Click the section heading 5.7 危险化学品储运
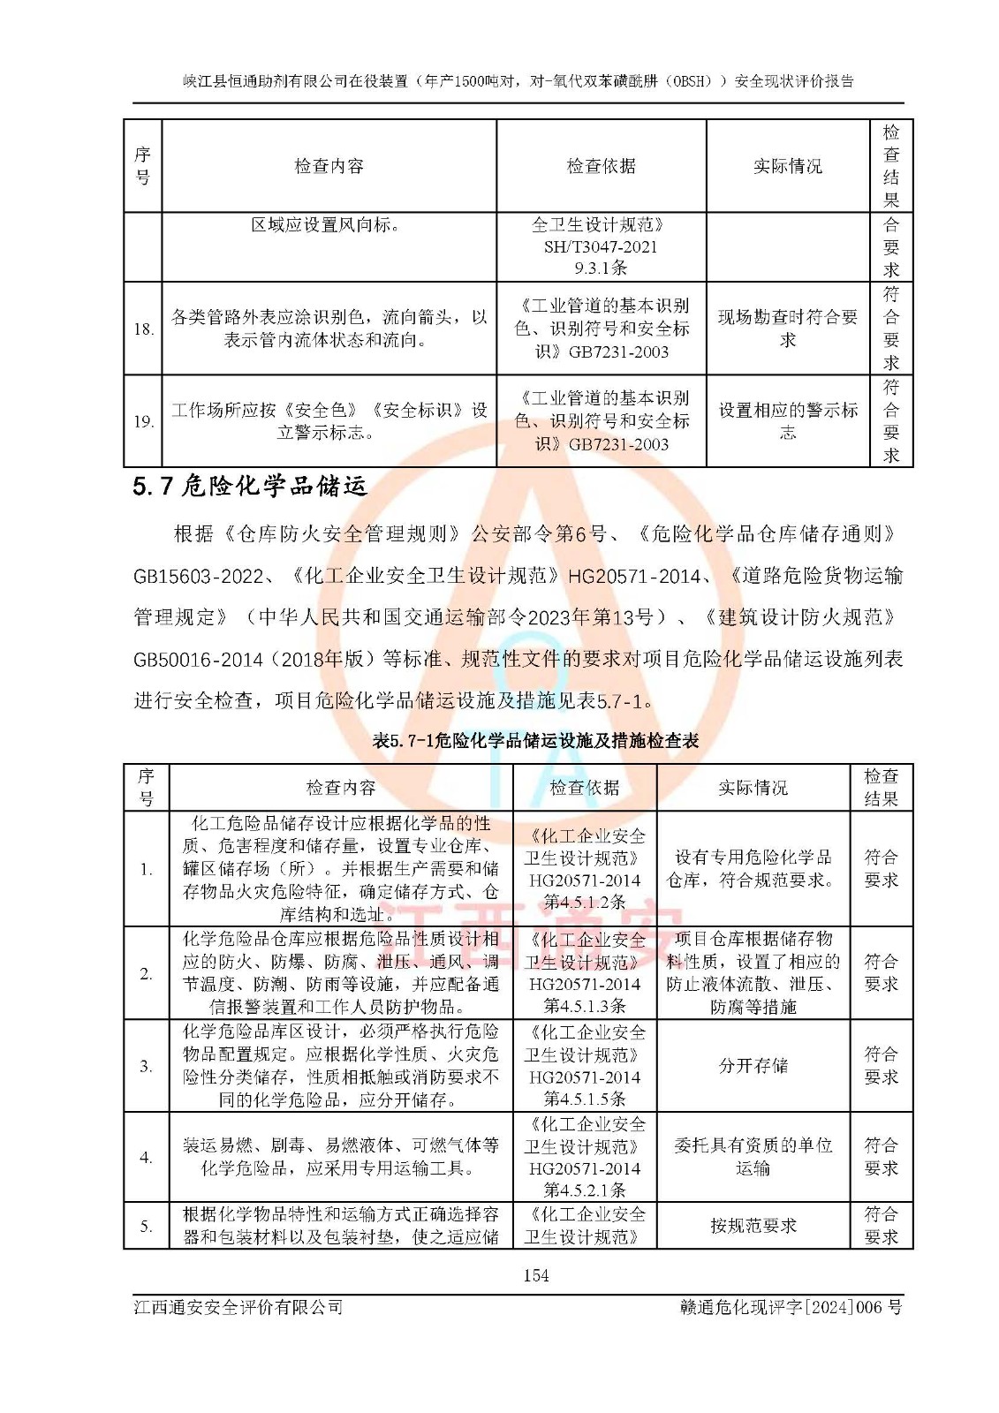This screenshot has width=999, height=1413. tap(250, 487)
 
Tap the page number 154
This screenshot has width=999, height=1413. tap(535, 1275)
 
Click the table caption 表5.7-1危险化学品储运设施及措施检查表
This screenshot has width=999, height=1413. tap(535, 741)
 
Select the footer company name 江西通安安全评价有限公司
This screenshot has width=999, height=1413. tap(238, 1307)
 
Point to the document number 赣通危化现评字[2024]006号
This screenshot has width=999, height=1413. tap(791, 1307)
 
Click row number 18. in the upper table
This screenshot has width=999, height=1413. tap(143, 329)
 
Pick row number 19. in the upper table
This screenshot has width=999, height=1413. tap(143, 422)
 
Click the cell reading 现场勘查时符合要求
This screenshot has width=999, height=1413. tap(787, 329)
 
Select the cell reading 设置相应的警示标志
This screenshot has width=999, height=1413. tap(787, 421)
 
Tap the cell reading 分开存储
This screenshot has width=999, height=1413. tap(753, 1066)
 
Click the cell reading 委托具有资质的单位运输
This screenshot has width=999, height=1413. tap(753, 1157)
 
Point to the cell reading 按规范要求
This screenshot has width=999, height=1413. tap(753, 1226)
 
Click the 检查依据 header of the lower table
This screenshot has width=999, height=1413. tap(584, 788)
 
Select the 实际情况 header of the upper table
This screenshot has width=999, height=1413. tap(787, 166)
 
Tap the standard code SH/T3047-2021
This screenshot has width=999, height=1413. tap(601, 247)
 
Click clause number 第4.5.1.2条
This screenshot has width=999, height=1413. tap(584, 902)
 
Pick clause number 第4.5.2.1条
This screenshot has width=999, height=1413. tap(584, 1190)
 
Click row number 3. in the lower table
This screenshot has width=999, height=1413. tap(147, 1066)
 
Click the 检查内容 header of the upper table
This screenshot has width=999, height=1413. tap(329, 166)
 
